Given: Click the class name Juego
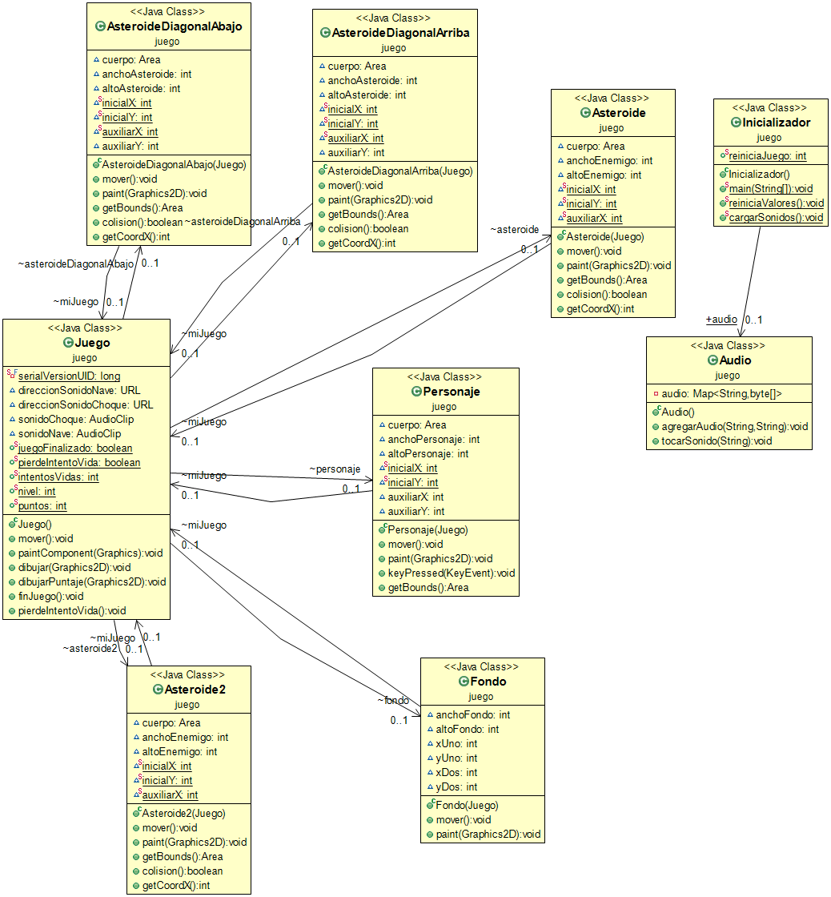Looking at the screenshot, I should click(x=92, y=343).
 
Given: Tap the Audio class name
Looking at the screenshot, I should click(x=735, y=360).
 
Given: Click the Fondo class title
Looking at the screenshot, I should click(x=488, y=682).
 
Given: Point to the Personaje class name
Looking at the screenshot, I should click(x=451, y=392).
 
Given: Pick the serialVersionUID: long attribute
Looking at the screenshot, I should click(x=69, y=376).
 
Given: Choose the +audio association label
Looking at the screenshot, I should click(x=721, y=319).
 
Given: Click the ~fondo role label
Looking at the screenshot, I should click(x=394, y=700).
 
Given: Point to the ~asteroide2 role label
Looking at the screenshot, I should click(x=90, y=648).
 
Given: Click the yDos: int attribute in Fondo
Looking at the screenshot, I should click(x=456, y=786).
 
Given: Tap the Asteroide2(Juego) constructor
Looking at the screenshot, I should click(x=183, y=813).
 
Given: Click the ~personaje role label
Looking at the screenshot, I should click(x=335, y=469).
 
